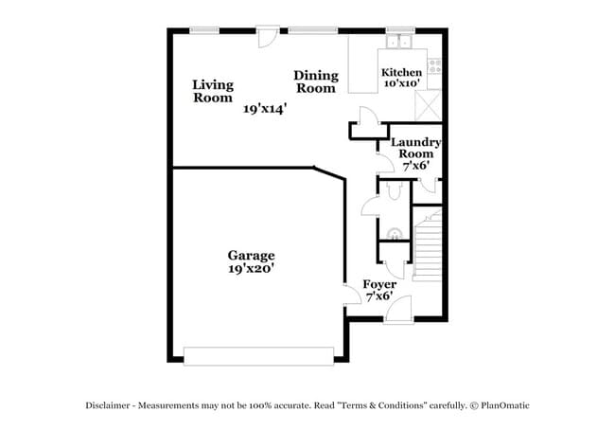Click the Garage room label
[x=251, y=255]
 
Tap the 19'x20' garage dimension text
[x=251, y=268]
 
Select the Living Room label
[x=213, y=91]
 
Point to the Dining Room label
[x=315, y=81]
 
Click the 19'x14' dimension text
[x=264, y=109]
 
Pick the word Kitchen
[x=400, y=73]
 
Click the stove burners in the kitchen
[x=434, y=65]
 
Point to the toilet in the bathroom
[x=395, y=190]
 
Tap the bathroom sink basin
[x=395, y=230]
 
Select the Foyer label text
[x=379, y=284]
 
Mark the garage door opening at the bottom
[x=258, y=356]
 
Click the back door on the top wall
[x=269, y=35]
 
